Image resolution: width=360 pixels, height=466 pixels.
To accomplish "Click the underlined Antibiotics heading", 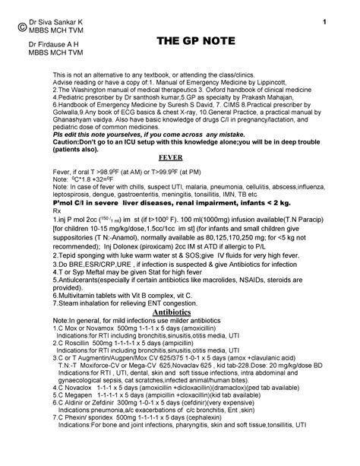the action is click(176, 311).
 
